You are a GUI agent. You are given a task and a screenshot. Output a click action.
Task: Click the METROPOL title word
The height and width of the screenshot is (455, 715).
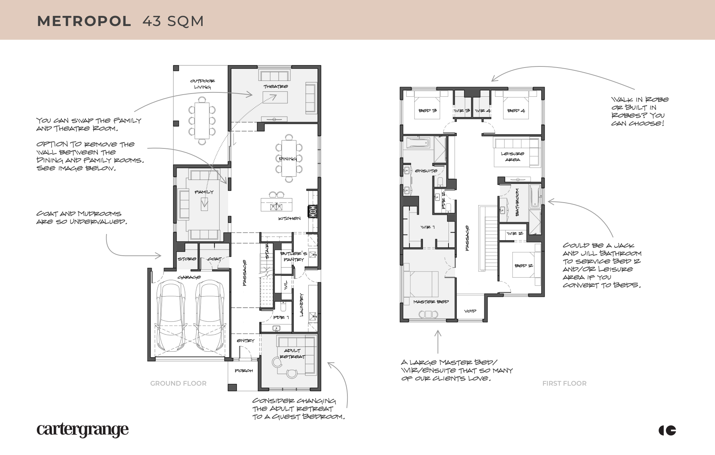(x=84, y=21)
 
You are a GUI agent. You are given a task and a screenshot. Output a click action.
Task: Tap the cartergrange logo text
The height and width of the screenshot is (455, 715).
(x=83, y=430)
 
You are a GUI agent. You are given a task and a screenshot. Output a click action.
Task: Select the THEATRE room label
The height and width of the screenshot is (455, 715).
(x=276, y=87)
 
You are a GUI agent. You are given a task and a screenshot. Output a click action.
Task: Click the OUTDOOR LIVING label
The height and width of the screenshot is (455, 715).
(x=202, y=84)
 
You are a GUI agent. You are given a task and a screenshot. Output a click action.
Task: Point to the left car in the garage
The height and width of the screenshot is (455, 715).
(x=171, y=316)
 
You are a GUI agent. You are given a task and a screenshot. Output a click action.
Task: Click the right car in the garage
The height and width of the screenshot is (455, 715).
(x=211, y=316)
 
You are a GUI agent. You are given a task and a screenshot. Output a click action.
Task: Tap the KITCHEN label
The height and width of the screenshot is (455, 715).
(x=289, y=218)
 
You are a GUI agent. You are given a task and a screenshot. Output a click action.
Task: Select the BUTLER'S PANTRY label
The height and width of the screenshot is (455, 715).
(x=294, y=256)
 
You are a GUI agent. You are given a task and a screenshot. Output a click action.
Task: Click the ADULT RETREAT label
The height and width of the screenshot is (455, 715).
(x=292, y=354)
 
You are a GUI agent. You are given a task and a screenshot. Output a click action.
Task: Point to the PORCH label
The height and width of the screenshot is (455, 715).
(x=244, y=371)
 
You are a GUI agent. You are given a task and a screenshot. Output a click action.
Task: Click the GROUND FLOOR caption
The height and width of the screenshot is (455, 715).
(x=178, y=383)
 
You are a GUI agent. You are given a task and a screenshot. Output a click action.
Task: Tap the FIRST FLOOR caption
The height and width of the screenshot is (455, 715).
(x=564, y=383)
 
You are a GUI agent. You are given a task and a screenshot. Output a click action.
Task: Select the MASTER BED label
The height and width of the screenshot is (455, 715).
(x=431, y=302)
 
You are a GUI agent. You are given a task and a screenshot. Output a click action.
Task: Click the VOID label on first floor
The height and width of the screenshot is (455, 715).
(x=470, y=311)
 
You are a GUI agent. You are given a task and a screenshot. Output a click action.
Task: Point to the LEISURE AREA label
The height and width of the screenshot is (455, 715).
(x=512, y=156)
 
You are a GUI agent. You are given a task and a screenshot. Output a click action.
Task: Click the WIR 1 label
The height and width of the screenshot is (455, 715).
(x=428, y=227)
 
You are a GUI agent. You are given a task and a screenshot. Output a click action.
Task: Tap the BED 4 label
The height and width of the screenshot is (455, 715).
(x=516, y=110)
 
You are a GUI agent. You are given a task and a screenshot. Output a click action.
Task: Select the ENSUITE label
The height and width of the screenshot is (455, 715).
(x=426, y=171)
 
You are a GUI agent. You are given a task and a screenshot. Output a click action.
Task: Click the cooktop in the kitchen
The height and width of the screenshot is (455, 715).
(x=312, y=211)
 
